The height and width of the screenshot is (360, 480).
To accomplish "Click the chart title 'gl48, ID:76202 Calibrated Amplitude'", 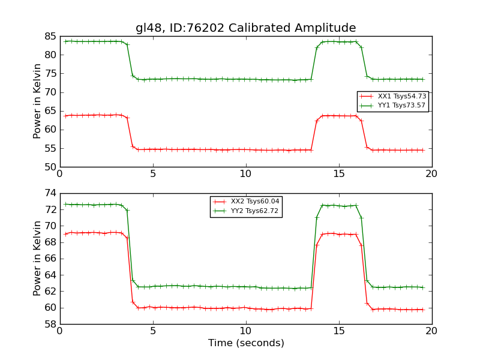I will tap(245, 28).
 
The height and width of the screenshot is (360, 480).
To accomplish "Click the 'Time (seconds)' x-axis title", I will tap(246, 343).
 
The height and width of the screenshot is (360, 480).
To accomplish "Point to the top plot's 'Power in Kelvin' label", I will tap(38, 101).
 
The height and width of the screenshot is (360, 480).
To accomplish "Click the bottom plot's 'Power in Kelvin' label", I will tap(38, 258).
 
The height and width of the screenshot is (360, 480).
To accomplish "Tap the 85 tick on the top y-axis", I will tap(49, 37).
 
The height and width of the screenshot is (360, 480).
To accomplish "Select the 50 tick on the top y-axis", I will tap(49, 167).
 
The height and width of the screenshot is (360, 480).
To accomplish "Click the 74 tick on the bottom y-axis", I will tap(49, 193).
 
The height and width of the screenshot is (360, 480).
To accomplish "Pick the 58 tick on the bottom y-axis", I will tap(49, 324).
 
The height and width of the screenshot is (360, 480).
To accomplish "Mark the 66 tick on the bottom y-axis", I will tap(49, 259).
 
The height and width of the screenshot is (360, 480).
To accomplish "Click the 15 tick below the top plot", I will tap(339, 174).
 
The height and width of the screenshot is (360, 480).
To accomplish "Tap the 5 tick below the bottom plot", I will tap(153, 331).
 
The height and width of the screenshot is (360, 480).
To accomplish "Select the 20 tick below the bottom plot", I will tap(431, 331).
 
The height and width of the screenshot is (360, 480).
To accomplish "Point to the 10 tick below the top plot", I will tap(246, 174).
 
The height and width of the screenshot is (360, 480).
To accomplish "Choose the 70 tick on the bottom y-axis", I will tap(49, 226).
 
